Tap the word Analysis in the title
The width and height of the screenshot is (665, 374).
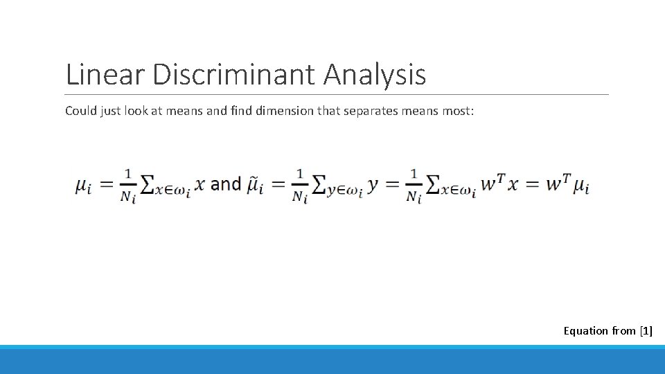pos(375,74)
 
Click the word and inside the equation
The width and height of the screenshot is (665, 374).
pos(225,184)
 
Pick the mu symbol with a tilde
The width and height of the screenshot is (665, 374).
pos(256,185)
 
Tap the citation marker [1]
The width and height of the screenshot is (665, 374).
pos(646,331)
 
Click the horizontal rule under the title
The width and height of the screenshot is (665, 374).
pos(337,94)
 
